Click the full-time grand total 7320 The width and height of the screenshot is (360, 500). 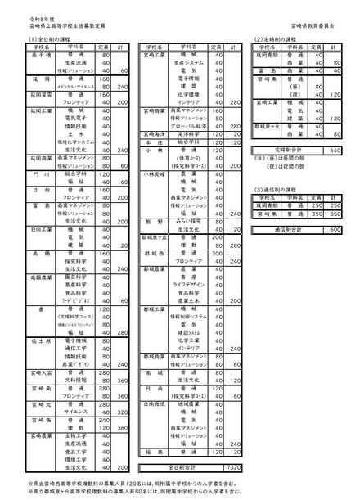coord(232,466)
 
